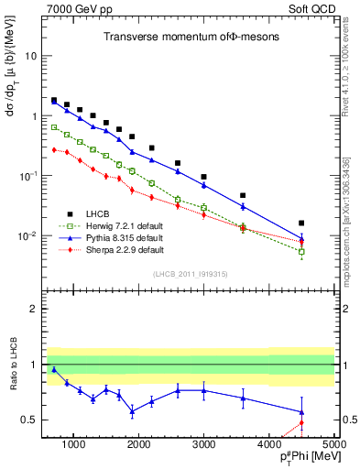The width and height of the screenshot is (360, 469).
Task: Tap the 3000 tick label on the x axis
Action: coord(203,444)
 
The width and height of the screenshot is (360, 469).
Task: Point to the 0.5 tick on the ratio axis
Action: coord(29,420)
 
